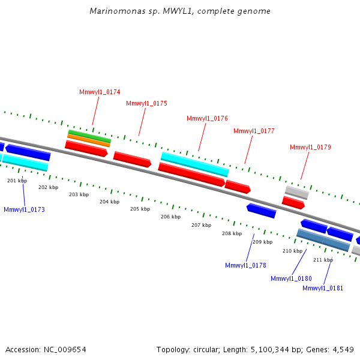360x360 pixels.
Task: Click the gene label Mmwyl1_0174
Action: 100,92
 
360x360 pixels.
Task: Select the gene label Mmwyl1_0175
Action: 146,103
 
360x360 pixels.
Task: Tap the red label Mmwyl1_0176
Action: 207,119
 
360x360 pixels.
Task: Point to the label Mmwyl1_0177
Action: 254,131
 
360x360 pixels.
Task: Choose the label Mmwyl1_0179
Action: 310,147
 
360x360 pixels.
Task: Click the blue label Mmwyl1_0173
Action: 24,209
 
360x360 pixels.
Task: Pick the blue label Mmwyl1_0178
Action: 245,265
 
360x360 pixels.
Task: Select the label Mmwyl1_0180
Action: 291,278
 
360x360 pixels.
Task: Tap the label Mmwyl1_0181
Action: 323,288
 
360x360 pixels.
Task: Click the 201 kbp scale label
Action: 17,181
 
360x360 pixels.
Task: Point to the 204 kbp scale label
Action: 109,202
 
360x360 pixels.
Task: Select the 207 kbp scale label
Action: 201,225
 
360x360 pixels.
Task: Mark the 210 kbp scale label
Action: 292,251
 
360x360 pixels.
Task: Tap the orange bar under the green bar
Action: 88,140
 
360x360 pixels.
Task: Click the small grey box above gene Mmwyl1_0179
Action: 296,192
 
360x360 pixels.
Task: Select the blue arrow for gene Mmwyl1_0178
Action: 261,210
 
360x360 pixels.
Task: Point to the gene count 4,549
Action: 342,349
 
